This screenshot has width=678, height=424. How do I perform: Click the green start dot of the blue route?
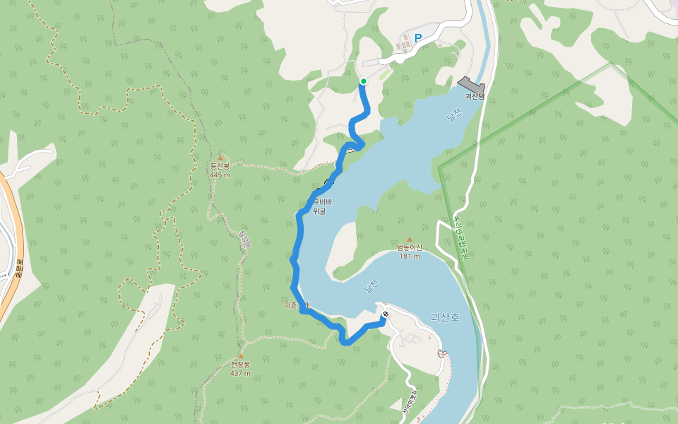(364, 82)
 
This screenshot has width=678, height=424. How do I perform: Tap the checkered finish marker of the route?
(385, 314)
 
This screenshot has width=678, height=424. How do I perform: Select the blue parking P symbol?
(418, 39)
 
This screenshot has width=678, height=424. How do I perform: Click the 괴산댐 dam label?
(474, 95)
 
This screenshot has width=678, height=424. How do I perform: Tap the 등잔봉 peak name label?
(220, 167)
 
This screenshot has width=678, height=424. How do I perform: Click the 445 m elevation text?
(220, 175)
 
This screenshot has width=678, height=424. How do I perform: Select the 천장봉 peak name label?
(241, 365)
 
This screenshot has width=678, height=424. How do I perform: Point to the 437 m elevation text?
(241, 373)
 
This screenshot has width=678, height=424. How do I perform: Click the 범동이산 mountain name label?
(409, 247)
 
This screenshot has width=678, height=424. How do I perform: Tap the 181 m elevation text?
(409, 256)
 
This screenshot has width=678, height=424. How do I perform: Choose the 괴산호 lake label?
(445, 318)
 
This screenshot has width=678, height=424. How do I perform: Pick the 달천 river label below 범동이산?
(371, 286)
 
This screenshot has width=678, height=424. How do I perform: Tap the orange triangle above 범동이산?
(409, 239)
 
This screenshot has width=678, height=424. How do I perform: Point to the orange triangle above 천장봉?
(241, 356)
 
